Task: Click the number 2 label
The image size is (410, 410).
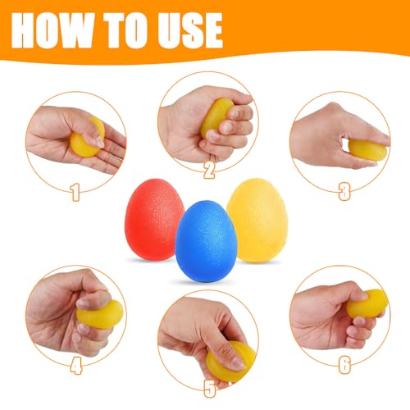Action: [208, 169]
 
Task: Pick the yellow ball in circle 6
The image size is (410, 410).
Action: [366, 303]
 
